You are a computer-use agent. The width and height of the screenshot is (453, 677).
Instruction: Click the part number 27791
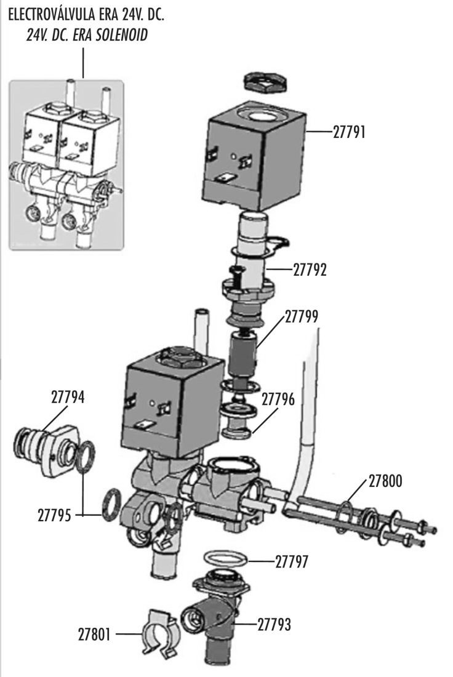coord(349,132)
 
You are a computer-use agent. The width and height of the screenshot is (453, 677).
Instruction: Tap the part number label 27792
coord(310,270)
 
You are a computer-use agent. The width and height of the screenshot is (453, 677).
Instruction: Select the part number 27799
coord(302,316)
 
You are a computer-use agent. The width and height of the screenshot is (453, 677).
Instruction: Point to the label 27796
coord(278,399)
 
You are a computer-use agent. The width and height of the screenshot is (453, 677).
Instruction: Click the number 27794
coord(68,397)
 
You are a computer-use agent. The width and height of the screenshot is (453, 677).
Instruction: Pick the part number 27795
coord(54,515)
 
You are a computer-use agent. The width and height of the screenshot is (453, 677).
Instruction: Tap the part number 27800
coord(385,481)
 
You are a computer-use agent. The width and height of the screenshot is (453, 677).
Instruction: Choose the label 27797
coord(292,562)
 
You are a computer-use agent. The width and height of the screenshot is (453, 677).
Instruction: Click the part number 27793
coord(275,624)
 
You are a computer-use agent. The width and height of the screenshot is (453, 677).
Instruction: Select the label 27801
coord(94,635)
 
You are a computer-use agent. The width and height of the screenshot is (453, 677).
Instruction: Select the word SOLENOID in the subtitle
coord(122,34)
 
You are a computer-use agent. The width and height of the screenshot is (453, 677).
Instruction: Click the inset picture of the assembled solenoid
coord(66,165)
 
